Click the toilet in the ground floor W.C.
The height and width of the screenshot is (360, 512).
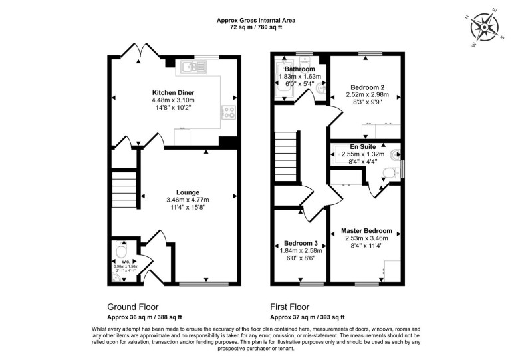(120, 251)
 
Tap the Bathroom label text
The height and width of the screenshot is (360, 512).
(299, 69)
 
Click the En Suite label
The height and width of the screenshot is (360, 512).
(363, 146)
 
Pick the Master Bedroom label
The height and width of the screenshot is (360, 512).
(367, 231)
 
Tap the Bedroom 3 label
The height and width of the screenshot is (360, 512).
(300, 242)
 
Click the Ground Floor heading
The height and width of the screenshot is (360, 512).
(133, 307)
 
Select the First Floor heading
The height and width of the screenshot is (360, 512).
(290, 307)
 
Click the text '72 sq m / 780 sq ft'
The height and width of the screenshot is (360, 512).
(256, 28)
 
